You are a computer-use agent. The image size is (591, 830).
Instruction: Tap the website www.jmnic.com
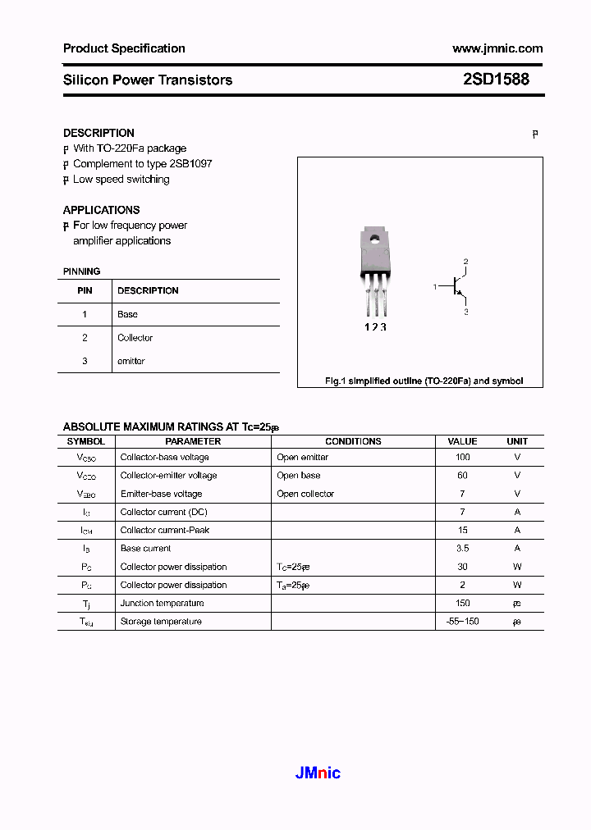click(x=497, y=48)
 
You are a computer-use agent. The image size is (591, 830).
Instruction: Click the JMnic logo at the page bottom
click(x=317, y=773)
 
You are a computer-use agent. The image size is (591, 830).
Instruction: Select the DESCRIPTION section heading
click(x=98, y=133)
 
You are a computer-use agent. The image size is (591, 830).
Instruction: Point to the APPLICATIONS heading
click(x=101, y=210)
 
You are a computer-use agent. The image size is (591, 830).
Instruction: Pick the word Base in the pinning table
click(x=127, y=314)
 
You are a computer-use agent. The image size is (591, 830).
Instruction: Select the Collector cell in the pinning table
click(x=135, y=337)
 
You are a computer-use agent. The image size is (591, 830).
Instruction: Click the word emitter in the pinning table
click(x=131, y=361)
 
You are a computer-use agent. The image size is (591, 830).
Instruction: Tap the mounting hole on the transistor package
click(x=374, y=240)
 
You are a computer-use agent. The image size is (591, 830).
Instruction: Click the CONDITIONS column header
click(x=353, y=441)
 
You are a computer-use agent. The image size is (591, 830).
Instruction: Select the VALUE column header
click(x=462, y=441)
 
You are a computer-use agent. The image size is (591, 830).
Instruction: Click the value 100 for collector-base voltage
click(x=462, y=457)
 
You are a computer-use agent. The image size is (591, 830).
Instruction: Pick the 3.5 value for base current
click(x=462, y=548)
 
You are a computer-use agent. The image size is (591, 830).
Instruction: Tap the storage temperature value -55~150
click(x=462, y=621)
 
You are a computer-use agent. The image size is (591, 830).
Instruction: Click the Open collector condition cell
click(x=305, y=494)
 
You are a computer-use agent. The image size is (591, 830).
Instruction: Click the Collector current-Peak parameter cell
click(x=164, y=530)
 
